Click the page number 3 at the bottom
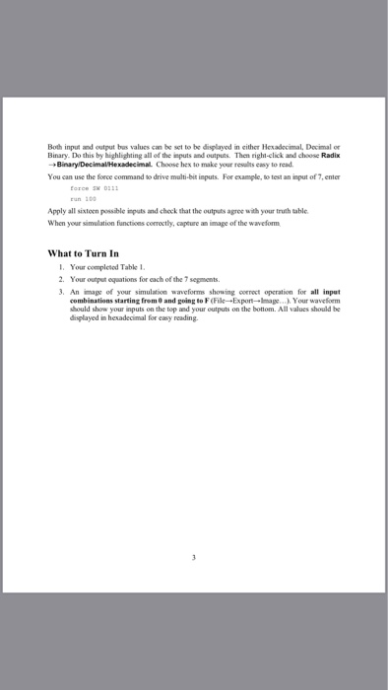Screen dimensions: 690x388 pos(195,557)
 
